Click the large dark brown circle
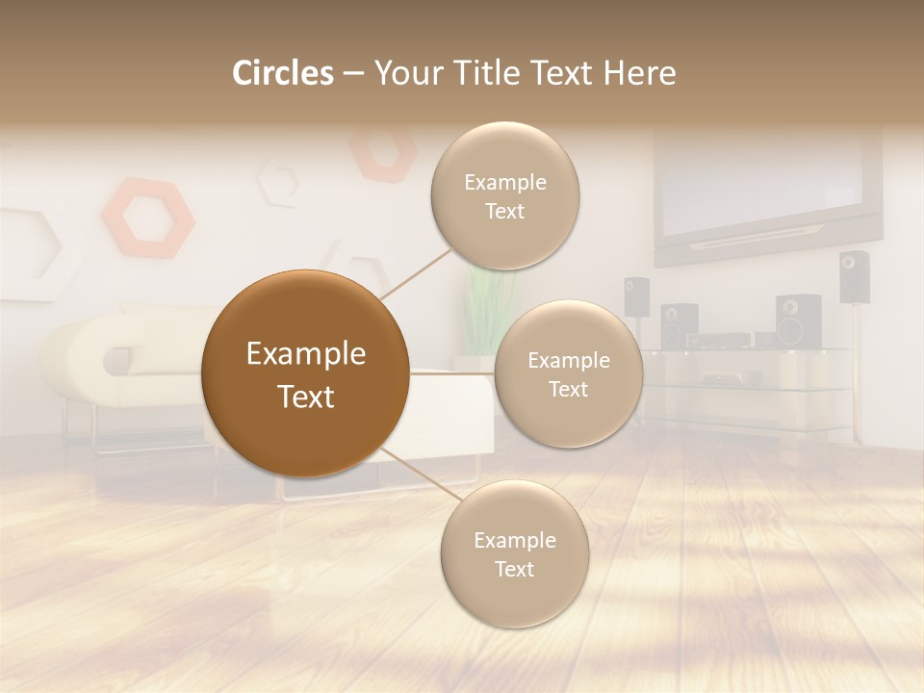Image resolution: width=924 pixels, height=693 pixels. click(305, 373)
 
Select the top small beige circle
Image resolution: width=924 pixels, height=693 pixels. click(504, 195)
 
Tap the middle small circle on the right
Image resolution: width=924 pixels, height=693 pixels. click(568, 373)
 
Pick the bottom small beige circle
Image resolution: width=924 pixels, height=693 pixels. click(514, 553)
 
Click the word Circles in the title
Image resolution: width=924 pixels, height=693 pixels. click(283, 73)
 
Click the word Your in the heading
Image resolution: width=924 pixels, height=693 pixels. click(407, 73)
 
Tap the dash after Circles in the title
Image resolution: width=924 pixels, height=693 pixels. click(353, 74)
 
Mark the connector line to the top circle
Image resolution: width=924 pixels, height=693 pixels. click(416, 272)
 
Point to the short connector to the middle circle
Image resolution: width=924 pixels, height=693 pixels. click(452, 373)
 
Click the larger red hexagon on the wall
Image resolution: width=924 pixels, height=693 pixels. click(148, 218)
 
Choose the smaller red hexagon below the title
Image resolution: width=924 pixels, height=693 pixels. click(383, 151)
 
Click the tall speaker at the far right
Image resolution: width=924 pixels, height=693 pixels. click(853, 277)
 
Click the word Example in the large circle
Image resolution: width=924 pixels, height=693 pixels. click(305, 354)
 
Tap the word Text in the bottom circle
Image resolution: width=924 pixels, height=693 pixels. click(514, 569)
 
